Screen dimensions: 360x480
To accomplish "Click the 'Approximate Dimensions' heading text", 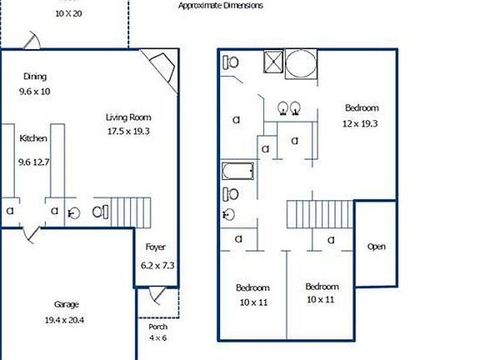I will coord(221,5).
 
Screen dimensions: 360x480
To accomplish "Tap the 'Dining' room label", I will coord(35,76).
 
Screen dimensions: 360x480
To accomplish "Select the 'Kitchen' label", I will coord(33,138).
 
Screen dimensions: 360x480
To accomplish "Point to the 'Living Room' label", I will coord(128,117).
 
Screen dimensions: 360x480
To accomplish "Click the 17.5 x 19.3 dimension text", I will coord(128,131).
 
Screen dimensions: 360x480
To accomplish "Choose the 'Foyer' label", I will coord(156,247).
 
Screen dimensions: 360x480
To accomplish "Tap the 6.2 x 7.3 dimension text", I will coord(157,265).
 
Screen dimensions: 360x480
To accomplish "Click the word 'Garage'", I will coord(67,304).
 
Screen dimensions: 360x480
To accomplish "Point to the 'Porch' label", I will coord(146,327).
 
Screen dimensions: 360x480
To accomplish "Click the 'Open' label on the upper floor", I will coord(377,247).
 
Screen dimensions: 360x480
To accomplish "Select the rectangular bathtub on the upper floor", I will coord(237,174).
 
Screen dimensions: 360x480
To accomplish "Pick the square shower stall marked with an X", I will coord(271,63).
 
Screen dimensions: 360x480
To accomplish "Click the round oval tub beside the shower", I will coord(302,64).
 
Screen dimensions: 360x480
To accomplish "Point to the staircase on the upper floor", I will coord(320,215).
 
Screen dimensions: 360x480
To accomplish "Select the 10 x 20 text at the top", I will coord(68,13).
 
